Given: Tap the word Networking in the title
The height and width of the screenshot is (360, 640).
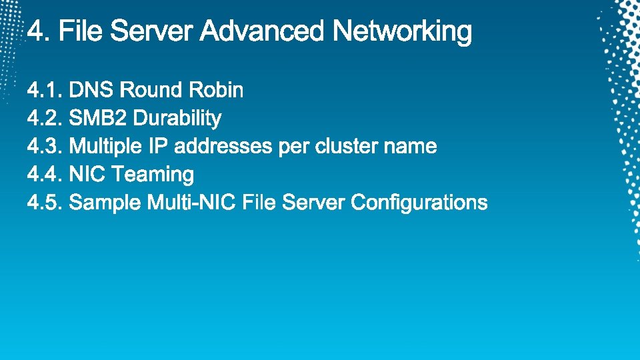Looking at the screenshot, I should (x=402, y=31).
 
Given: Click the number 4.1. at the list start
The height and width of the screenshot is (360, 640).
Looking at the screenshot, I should (x=45, y=90).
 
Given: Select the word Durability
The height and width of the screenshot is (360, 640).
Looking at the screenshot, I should (x=177, y=119).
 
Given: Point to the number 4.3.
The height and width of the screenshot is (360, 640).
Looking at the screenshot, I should (x=45, y=147).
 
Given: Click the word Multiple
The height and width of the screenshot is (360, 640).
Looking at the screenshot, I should (x=105, y=147).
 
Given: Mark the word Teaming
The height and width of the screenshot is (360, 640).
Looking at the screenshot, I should (x=153, y=175).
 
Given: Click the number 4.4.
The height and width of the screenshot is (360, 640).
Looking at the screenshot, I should (x=45, y=175).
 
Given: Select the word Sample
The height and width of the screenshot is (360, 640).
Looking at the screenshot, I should (x=105, y=203).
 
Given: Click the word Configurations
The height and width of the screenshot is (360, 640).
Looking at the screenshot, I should (x=419, y=203).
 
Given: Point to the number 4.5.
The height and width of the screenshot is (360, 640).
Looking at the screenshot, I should (x=45, y=203).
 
